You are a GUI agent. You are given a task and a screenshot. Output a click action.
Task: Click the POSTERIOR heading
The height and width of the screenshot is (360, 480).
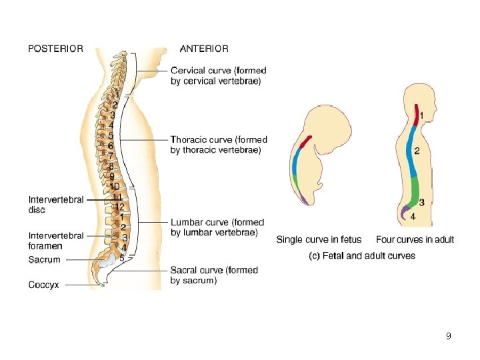coord(55,49)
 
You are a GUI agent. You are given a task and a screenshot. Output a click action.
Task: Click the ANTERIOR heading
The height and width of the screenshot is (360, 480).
coord(204,49)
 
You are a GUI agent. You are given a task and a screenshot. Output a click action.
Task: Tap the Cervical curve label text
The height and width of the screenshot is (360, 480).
coord(219,75)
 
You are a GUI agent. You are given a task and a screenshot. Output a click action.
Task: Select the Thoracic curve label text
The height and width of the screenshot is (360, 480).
coord(219,145)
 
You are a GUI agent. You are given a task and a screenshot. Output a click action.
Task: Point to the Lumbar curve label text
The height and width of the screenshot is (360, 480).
coord(217,227)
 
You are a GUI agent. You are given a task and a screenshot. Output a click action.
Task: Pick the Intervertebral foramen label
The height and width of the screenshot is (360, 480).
coord(56,240)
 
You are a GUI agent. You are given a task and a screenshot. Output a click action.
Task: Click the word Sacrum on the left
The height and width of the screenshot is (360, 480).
coord(44,260)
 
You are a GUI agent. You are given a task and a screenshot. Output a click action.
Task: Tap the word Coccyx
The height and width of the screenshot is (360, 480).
coord(43,285)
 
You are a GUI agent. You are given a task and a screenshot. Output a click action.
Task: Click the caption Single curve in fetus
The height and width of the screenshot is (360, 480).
coord(319,240)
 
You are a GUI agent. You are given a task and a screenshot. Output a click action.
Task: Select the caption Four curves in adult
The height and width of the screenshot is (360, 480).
coord(415,240)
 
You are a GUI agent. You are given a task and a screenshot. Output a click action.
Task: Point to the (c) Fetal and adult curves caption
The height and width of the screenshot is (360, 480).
coord(363,255)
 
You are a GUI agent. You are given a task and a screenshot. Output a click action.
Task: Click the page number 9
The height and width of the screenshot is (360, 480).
coord(449,336)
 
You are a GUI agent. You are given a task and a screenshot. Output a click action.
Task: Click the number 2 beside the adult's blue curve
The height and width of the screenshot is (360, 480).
coord(417,151)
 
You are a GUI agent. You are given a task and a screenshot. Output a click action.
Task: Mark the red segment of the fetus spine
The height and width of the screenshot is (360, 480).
coord(304,142)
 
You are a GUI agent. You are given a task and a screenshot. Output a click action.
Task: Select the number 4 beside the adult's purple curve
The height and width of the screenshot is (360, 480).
coord(413,216)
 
